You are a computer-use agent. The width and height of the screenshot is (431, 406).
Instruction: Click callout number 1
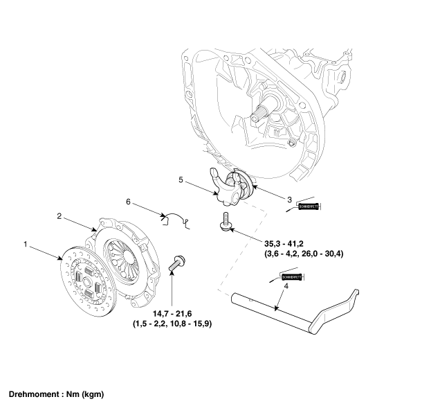[26, 245]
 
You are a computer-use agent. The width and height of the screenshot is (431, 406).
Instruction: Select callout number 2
[60, 216]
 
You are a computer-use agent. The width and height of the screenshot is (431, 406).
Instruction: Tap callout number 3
[290, 200]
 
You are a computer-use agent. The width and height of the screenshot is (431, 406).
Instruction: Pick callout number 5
[181, 180]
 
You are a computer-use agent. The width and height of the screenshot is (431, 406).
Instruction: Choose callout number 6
[128, 202]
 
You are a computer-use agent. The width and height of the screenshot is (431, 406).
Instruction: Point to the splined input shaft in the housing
[266, 110]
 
